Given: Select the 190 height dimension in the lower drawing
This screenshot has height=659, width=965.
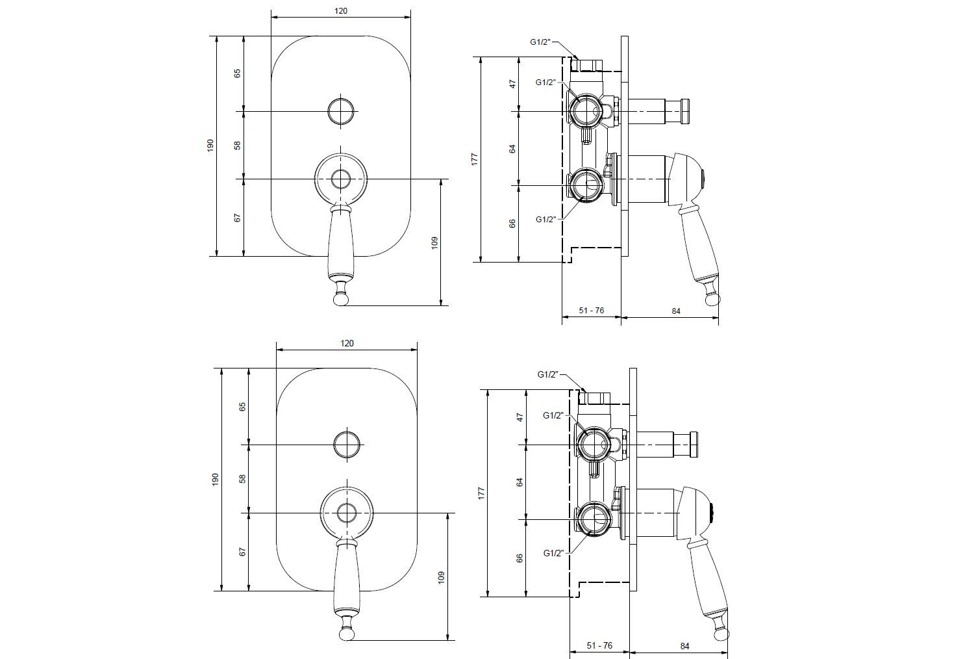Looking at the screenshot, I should coord(216,480).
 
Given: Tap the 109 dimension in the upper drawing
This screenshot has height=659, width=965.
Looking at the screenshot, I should coord(434,242).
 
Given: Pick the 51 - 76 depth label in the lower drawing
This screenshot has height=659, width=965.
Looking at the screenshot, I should coord(599,645).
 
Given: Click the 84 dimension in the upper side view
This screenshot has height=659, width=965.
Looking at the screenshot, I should coord(675,311).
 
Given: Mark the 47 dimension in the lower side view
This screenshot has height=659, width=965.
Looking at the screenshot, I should coord(520,417).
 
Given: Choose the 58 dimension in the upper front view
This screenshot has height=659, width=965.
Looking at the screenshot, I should coord(238,145).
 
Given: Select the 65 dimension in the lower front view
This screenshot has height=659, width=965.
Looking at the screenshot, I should coord(243,407).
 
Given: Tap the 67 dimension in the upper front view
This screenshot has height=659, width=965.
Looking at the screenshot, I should coord(238,217).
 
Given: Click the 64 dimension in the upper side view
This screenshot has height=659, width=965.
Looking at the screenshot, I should coord(512,148).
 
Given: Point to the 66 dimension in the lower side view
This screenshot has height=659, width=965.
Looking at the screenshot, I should coord(520,558).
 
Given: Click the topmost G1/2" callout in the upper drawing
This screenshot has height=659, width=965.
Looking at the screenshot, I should coord(540,42).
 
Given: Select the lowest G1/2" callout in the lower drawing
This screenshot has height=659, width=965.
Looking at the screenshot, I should coord(553,553).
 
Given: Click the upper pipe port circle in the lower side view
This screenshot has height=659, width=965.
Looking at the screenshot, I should coord(592,445).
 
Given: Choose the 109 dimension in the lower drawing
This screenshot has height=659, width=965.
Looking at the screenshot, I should coord(441,576).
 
